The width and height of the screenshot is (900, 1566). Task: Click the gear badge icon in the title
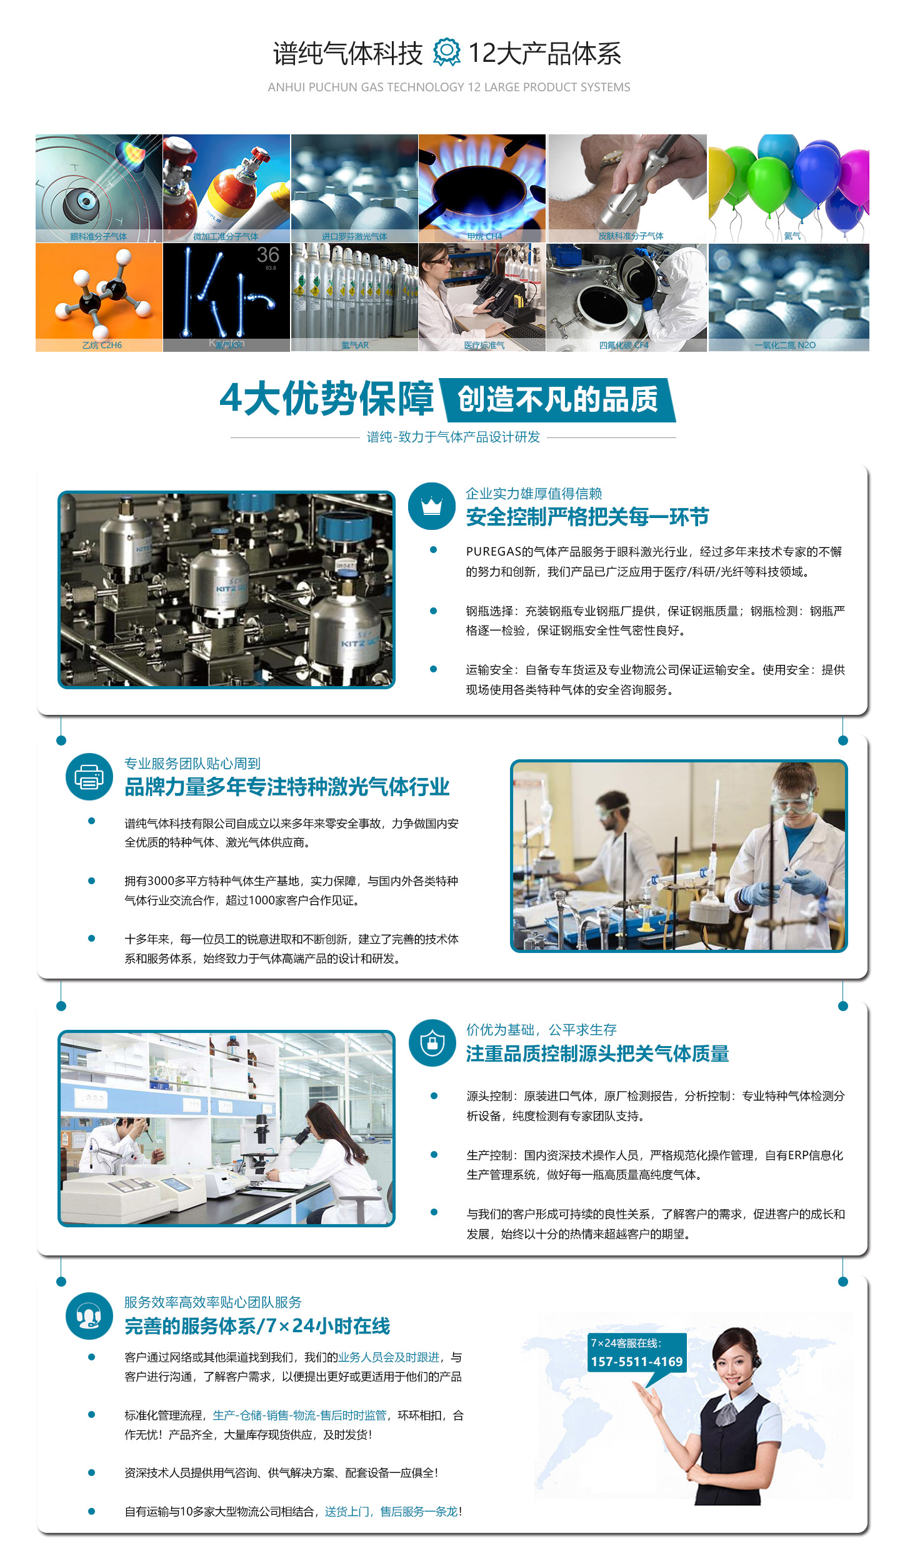(446, 52)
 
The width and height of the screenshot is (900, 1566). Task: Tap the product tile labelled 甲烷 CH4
(482, 187)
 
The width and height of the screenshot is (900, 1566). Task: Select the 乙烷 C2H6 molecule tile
(99, 297)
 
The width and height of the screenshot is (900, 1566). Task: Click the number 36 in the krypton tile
(267, 255)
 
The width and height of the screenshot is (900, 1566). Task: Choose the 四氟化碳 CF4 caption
(624, 345)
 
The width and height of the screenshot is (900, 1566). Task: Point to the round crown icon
(431, 506)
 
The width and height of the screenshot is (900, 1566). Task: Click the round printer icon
(89, 777)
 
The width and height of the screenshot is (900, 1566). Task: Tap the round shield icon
(432, 1043)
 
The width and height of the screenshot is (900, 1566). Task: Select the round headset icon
(89, 1316)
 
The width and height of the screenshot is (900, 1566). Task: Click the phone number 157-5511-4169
(636, 1362)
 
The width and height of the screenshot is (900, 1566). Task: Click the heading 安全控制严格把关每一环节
(587, 517)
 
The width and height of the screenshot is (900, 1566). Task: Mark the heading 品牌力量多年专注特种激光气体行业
(287, 787)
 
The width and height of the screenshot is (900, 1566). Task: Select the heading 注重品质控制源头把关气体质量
(597, 1054)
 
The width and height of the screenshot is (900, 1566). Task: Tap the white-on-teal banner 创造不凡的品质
(557, 400)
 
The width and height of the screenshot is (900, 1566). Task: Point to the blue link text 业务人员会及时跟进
(389, 1357)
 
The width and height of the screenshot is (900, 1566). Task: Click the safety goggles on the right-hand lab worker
(793, 799)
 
